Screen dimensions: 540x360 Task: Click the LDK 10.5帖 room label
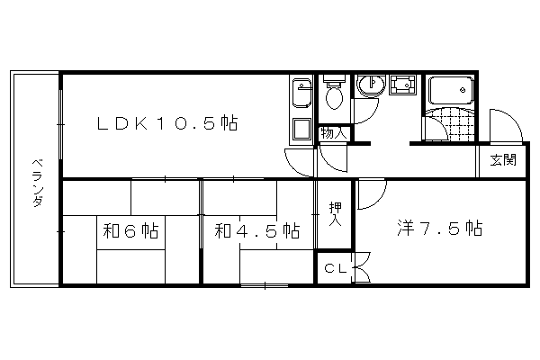point(167,123)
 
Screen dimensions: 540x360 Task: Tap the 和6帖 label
point(130,230)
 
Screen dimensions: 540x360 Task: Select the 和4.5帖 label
point(256,230)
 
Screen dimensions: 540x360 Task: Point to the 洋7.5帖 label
point(440,228)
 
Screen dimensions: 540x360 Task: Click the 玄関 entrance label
point(503,160)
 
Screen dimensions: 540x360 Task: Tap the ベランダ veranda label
point(38,183)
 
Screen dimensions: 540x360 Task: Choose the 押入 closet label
point(335,214)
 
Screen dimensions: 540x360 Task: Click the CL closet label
point(336,268)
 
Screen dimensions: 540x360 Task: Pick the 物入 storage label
point(333,133)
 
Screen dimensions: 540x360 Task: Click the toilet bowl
point(334,96)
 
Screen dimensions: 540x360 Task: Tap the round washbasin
point(371,85)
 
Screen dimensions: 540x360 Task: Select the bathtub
point(451,90)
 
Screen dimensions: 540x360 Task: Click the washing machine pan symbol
point(402,85)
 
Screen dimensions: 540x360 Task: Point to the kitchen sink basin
point(301,93)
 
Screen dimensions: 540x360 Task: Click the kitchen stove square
point(301,129)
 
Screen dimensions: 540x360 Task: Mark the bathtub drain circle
point(463,90)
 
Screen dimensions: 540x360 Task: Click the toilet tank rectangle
point(334,79)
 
